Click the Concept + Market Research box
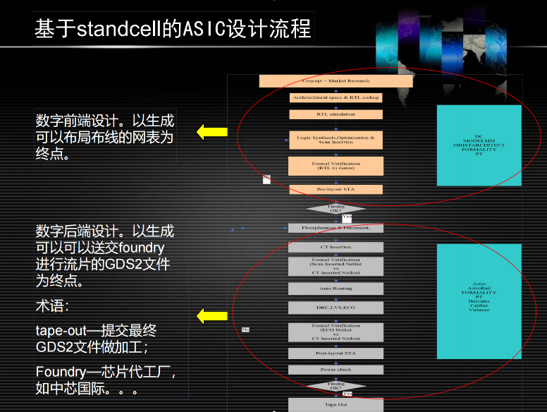[x=336, y=81]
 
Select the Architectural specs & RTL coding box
[x=336, y=97]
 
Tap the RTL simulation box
[x=336, y=114]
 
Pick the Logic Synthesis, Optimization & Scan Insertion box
[x=336, y=139]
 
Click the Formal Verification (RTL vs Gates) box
[x=336, y=166]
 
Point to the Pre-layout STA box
[x=336, y=189]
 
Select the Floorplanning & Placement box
[x=336, y=228]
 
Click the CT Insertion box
[x=336, y=247]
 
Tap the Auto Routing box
[x=336, y=289]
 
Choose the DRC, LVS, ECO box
[x=336, y=308]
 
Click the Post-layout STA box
[x=336, y=353]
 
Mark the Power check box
[x=336, y=370]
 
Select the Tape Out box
[x=336, y=404]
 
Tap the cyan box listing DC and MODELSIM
[x=479, y=145]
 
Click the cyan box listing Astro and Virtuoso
[x=479, y=301]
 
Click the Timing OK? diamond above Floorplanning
[x=336, y=209]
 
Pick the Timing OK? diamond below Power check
[x=336, y=386]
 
